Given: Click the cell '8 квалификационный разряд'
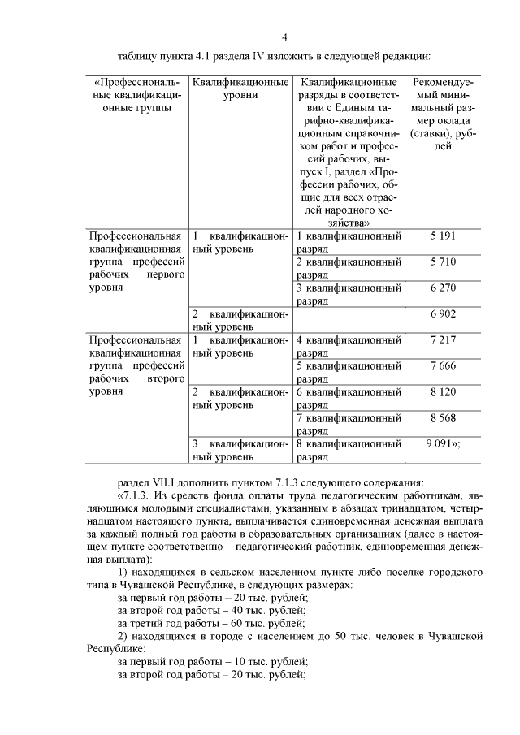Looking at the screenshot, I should (x=349, y=450).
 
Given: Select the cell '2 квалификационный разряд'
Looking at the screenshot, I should (x=349, y=268).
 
